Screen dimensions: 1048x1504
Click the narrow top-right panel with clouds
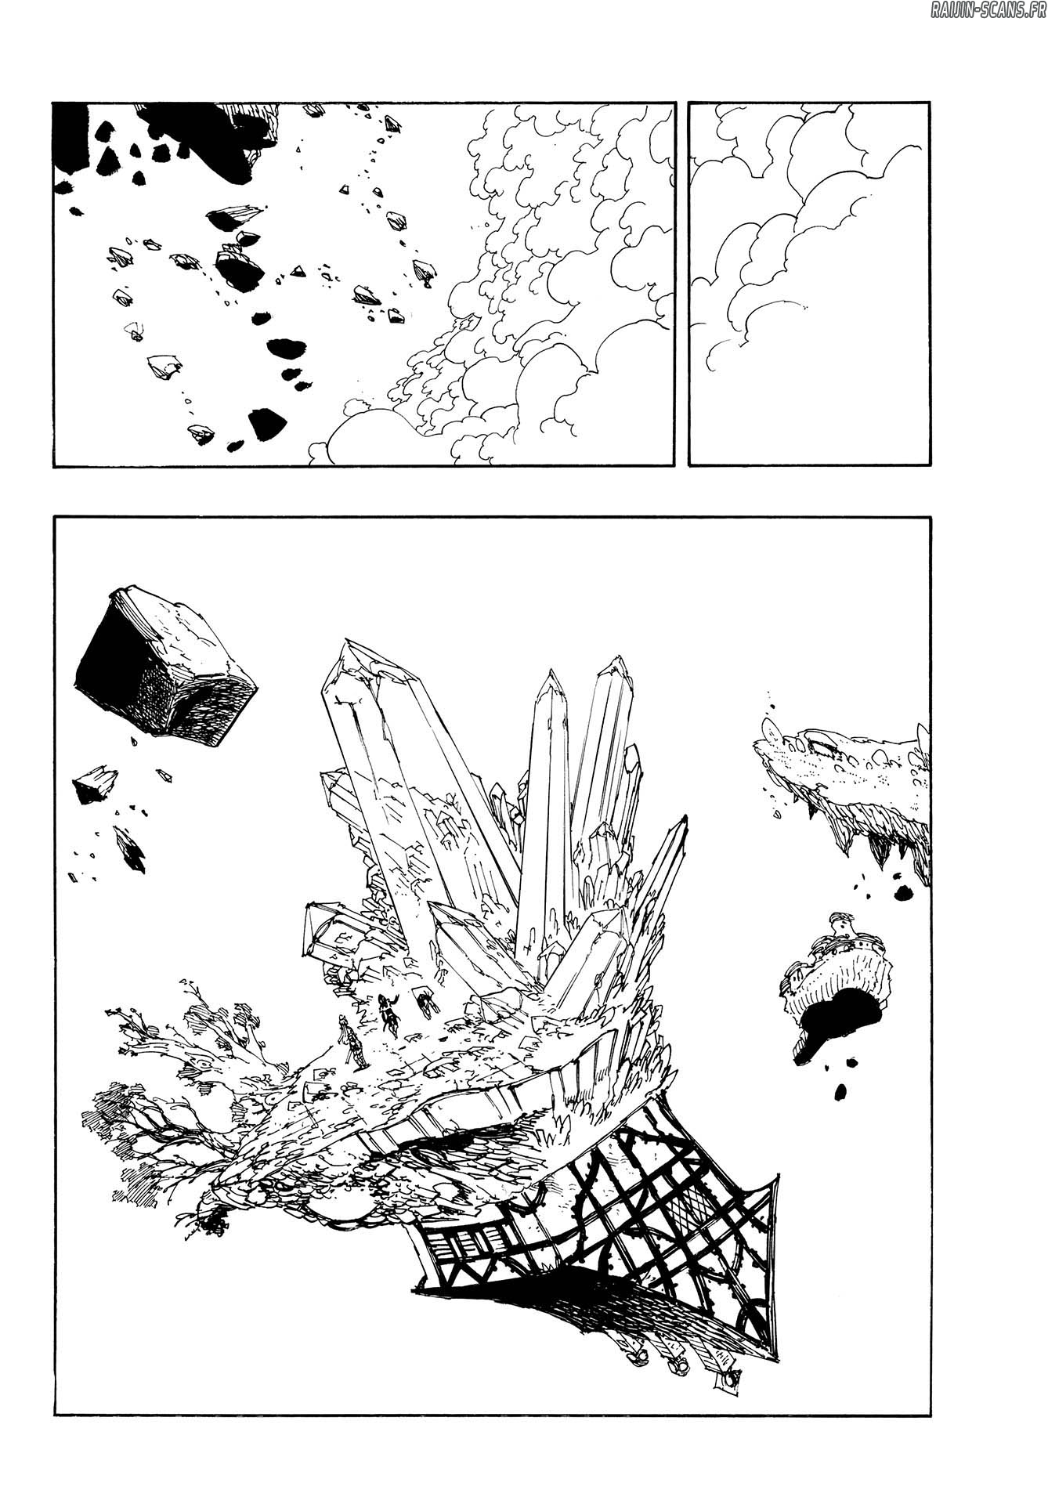809,284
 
